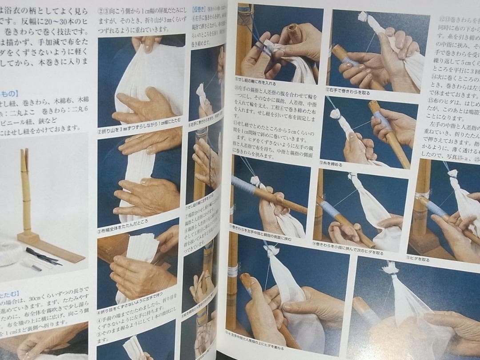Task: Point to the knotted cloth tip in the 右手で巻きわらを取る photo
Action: (363, 17)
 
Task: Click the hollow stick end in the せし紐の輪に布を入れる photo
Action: (293, 30)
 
